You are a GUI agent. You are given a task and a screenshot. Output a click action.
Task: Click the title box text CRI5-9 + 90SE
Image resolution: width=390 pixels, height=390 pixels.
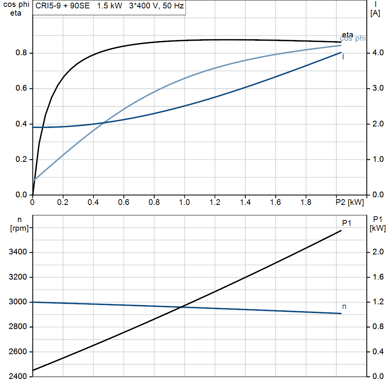(x=63, y=7)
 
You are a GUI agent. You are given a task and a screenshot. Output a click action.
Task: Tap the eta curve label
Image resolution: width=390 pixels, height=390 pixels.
(x=347, y=35)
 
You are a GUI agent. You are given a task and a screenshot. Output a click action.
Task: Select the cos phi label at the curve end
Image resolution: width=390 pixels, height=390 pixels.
(x=353, y=38)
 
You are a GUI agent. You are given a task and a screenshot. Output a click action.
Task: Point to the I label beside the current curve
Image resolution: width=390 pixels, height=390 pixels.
(x=343, y=57)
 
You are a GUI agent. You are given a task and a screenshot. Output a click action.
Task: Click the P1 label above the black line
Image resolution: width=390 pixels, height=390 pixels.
(x=346, y=223)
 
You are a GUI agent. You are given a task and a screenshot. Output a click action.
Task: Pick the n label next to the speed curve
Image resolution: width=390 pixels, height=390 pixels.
(x=344, y=306)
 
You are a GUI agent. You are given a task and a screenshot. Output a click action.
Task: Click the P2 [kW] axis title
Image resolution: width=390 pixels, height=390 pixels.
(x=350, y=203)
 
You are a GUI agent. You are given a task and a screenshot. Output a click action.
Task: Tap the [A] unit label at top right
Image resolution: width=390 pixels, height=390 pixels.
(x=375, y=14)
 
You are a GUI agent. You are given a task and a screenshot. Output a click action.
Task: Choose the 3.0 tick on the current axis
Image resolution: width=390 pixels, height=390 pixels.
(x=377, y=88)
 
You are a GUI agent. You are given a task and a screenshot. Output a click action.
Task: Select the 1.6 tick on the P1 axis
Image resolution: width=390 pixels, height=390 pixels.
(x=377, y=277)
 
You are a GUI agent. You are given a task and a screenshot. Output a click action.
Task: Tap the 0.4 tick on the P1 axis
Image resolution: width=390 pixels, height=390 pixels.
(x=377, y=352)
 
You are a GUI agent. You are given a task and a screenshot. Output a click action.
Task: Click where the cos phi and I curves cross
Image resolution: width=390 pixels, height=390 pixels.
(x=104, y=123)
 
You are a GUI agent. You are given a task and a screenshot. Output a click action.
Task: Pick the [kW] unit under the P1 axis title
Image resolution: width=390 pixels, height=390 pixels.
(x=377, y=229)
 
